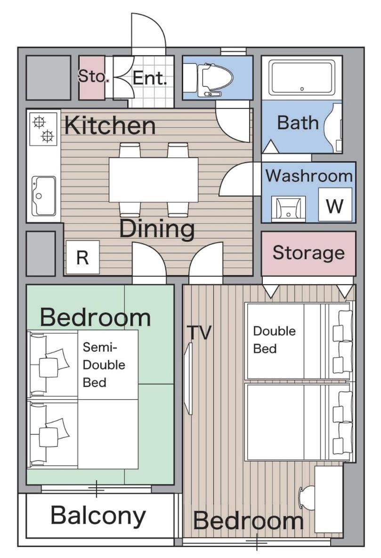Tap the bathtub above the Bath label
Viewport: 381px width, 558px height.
[302, 78]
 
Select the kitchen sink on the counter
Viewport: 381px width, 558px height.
[43, 196]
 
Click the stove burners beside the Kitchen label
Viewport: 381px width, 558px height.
[43, 129]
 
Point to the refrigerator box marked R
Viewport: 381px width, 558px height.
[82, 257]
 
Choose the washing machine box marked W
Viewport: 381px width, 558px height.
[335, 205]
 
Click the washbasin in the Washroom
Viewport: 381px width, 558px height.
[288, 209]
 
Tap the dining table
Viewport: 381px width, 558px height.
[154, 180]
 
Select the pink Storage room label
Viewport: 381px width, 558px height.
[308, 253]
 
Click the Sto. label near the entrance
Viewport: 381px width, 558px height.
[92, 76]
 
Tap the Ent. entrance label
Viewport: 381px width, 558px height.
[150, 78]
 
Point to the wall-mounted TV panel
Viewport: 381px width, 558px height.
[190, 378]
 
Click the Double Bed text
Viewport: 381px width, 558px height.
[274, 340]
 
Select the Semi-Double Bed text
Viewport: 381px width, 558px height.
[104, 364]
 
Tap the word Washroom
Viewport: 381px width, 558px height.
[309, 176]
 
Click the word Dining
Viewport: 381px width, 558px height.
[157, 229]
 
